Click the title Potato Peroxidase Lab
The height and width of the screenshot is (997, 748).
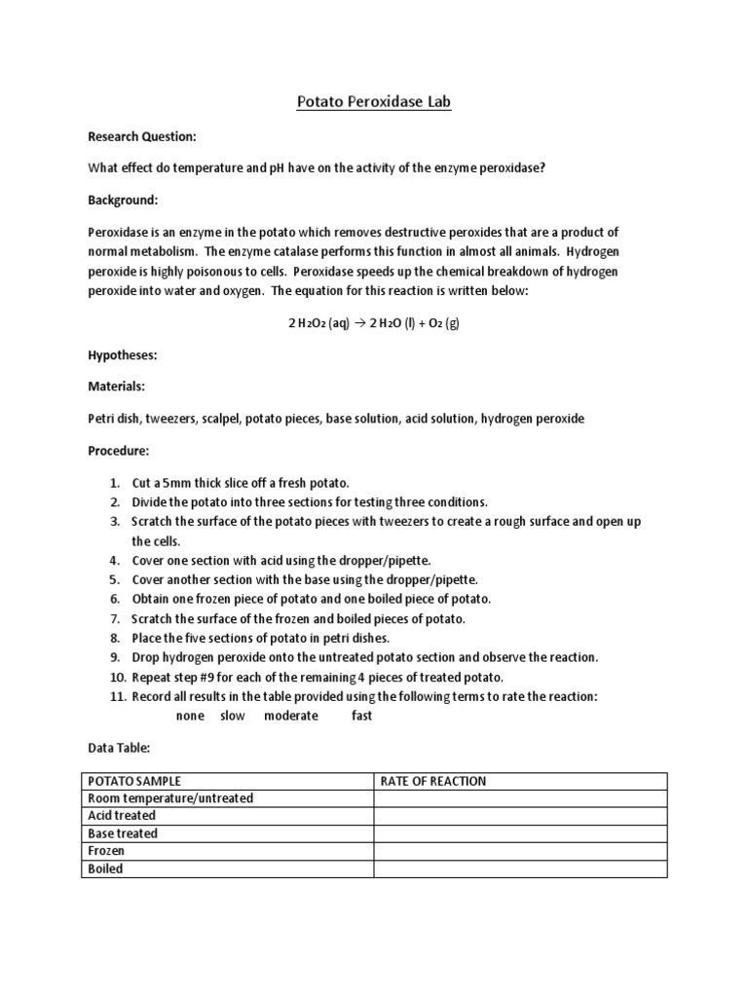(374, 101)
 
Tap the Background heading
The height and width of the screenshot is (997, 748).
(122, 200)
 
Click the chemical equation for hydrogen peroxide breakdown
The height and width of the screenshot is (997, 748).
(373, 324)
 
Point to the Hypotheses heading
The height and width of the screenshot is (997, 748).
(122, 355)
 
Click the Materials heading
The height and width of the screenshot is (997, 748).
(116, 387)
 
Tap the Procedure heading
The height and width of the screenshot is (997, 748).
(119, 451)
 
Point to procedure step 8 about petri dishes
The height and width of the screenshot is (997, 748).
(260, 638)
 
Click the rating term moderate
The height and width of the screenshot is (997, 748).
(290, 716)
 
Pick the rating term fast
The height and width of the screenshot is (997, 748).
(361, 716)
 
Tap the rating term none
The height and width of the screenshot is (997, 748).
(190, 716)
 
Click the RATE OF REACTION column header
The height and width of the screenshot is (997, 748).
(432, 781)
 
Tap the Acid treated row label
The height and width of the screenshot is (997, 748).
(122, 816)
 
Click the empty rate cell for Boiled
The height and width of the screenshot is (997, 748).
(520, 868)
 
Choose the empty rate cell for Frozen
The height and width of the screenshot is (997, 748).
(520, 851)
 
